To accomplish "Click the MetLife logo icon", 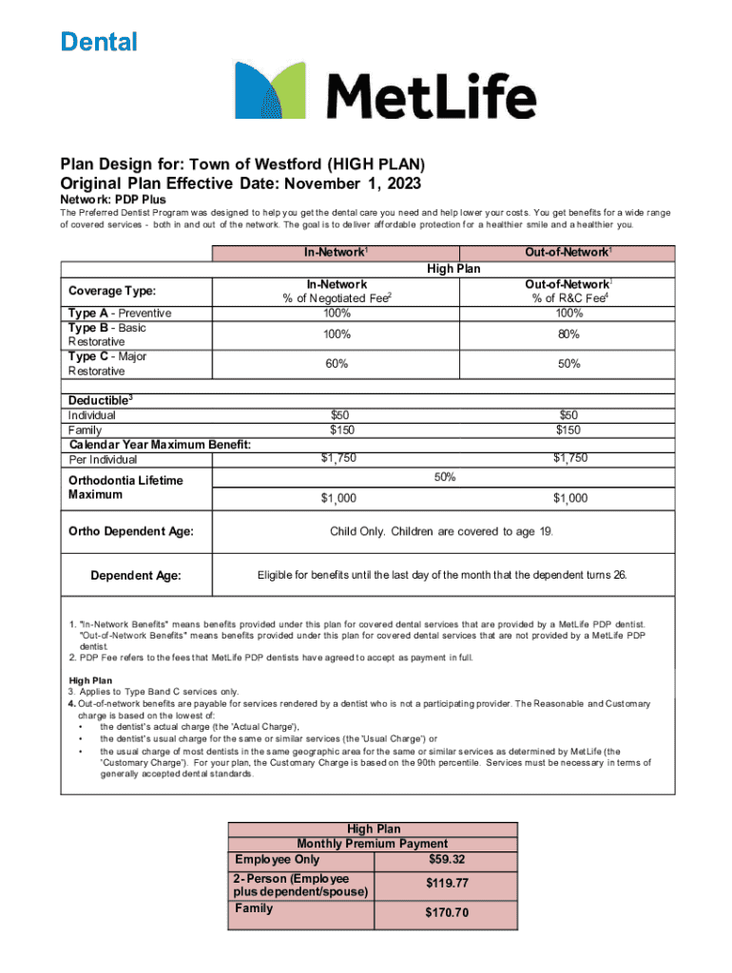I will point(271,91).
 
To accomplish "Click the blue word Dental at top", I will point(99,42).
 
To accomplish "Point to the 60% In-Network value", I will point(337,364).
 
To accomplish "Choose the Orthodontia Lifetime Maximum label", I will point(125,487).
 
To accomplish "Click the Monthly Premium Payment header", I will point(373,844).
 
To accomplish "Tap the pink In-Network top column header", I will point(337,253).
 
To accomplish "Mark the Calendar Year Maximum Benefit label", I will point(160,445).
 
